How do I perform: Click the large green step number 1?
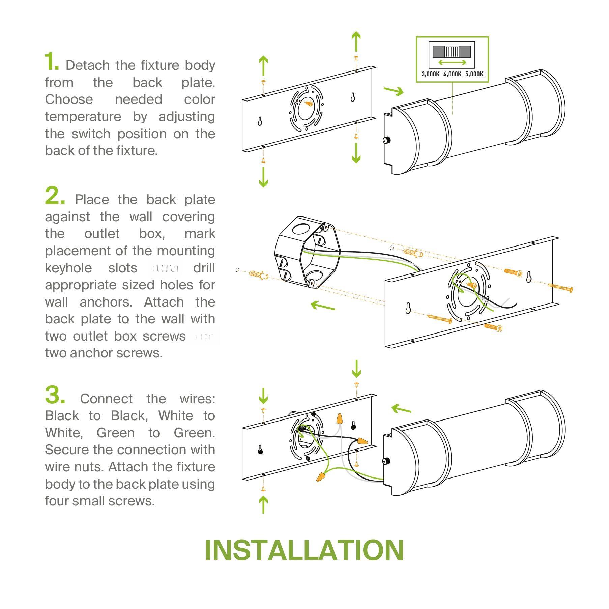(x=52, y=62)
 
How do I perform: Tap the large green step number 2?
(x=55, y=196)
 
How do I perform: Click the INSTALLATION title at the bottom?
(x=304, y=550)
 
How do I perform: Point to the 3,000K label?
(x=430, y=74)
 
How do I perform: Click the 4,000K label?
(x=452, y=74)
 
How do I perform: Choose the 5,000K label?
(x=474, y=74)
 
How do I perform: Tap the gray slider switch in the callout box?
(x=452, y=52)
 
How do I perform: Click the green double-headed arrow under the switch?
(x=452, y=62)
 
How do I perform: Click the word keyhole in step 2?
(x=68, y=268)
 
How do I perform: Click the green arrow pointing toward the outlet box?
(x=322, y=306)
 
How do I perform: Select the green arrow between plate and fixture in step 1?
(x=393, y=91)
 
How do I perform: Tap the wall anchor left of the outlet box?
(x=259, y=274)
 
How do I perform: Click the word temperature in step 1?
(x=83, y=117)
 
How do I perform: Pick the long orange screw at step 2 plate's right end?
(x=560, y=288)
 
